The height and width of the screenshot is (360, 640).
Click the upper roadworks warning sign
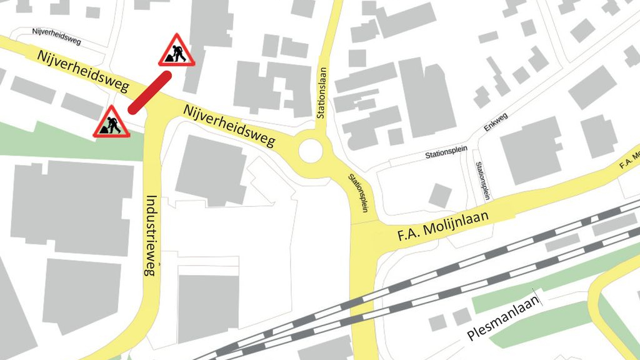[x=177, y=51]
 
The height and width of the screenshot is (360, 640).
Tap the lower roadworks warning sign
[x=111, y=123]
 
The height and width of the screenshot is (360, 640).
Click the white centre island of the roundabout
[x=311, y=151]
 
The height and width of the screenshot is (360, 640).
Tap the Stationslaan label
[x=322, y=93]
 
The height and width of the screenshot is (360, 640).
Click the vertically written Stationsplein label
[x=483, y=181]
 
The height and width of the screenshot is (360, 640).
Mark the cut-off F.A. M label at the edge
[x=629, y=160]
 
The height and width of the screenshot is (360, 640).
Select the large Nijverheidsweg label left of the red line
[x=82, y=71]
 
